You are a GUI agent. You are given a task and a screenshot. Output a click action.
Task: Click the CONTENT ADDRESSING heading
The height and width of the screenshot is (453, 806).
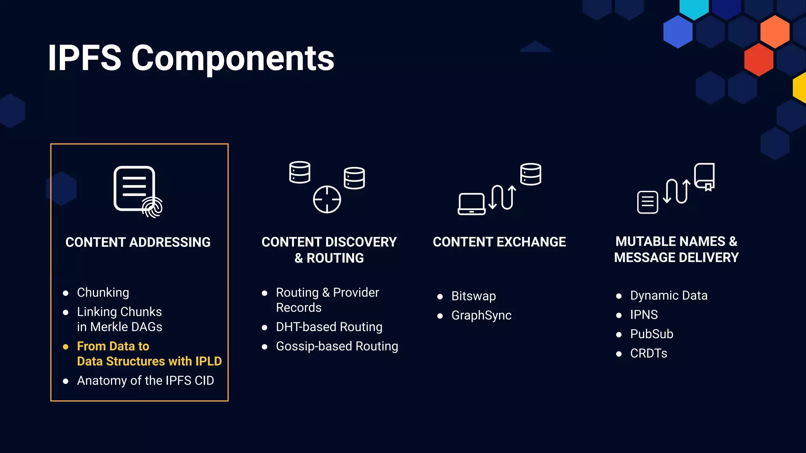pos(138,242)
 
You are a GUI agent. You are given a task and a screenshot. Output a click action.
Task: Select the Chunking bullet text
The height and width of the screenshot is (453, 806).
pos(103,293)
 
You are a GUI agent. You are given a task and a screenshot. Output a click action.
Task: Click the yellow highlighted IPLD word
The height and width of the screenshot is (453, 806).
pos(209,361)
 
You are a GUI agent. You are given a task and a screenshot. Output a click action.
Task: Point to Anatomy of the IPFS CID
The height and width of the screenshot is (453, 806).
pos(145,381)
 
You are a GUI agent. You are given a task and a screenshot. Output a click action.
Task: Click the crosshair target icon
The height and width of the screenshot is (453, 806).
pos(327,199)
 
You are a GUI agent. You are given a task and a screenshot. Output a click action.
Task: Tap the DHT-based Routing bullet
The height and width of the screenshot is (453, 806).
pos(329,327)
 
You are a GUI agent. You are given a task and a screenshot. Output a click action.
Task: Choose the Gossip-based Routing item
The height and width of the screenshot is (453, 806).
pos(337,346)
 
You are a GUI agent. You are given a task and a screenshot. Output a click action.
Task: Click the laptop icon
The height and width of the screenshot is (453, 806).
pos(471,204)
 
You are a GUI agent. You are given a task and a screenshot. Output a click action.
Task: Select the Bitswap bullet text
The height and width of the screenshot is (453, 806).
pos(473,296)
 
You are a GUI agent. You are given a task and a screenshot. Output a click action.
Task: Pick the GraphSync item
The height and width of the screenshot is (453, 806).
pos(481,315)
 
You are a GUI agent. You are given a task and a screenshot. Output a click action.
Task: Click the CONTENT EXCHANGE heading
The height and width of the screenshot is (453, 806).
pos(499,242)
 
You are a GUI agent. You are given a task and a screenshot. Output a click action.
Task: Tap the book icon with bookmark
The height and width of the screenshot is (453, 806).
pos(704,176)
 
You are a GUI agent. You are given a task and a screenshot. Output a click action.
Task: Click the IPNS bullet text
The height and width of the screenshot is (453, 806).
pos(644,315)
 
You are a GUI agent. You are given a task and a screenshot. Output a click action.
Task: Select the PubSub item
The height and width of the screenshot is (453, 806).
pos(652,334)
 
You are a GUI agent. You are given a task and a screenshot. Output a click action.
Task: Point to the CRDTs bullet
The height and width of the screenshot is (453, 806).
pos(649,353)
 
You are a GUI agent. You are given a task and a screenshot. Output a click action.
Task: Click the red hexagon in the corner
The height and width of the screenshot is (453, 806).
pos(758,60)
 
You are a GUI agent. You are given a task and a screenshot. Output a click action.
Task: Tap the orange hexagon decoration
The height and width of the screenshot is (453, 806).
pos(775,31)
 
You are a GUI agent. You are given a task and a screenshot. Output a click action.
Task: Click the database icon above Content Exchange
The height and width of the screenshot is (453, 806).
pos(531,174)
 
